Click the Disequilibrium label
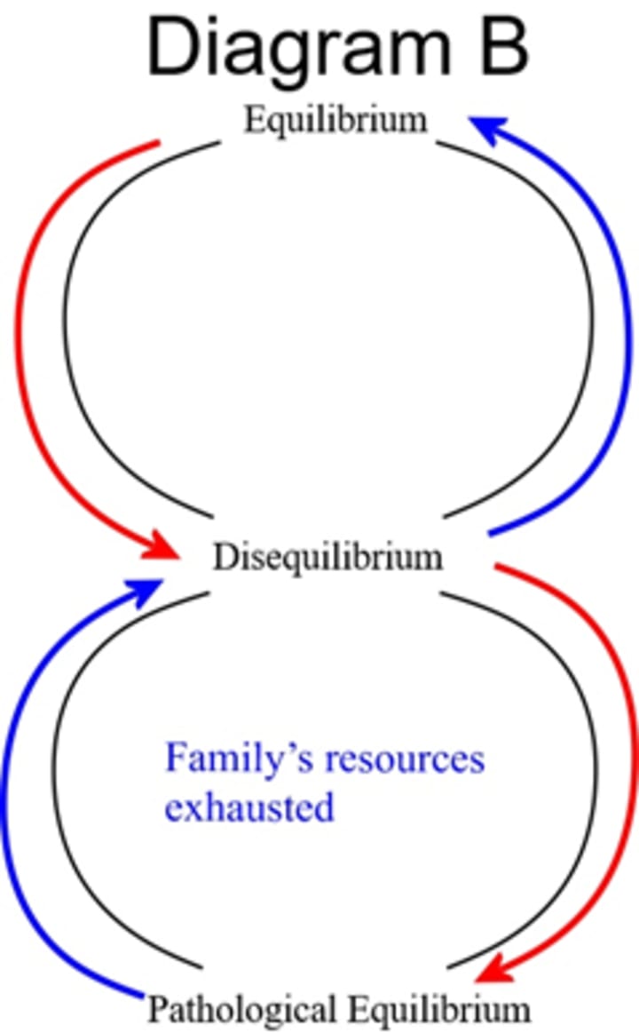327,558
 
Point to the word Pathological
241,1010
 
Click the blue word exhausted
249,808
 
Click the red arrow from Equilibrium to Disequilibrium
20,338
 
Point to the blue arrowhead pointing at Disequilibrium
148,590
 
